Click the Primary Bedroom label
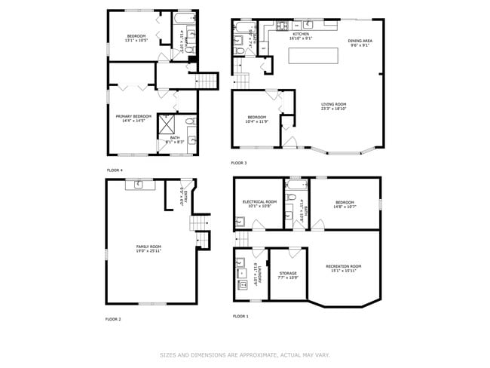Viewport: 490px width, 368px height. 133,116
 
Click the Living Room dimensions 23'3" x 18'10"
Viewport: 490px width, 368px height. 333,109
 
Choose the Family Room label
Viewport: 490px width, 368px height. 148,247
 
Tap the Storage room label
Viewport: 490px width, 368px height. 287,273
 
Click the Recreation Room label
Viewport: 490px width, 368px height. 343,266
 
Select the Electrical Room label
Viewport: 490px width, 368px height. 259,202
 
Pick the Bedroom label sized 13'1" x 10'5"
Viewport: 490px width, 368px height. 136,35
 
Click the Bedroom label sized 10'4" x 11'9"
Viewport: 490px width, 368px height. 258,117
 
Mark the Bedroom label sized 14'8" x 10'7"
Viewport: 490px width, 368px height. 345,202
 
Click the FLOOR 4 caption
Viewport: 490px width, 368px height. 115,170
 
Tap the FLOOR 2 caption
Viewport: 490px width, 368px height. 113,319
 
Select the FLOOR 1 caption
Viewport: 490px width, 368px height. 240,316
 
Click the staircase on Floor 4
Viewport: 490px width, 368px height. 207,81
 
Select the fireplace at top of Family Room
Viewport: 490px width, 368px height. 140,183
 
